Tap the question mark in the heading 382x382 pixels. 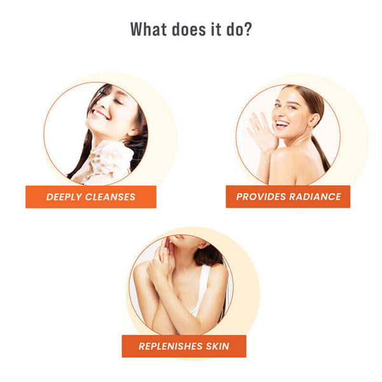248,29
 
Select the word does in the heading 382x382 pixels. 189,29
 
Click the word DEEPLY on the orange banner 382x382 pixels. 64,197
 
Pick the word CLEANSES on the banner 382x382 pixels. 110,197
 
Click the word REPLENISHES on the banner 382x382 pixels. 171,346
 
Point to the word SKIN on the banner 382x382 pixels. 218,346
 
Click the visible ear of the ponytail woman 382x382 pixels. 315,120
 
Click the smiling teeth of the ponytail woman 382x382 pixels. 282,124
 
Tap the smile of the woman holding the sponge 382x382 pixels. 100,114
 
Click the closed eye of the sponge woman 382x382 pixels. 118,101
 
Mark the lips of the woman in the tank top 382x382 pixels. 178,237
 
